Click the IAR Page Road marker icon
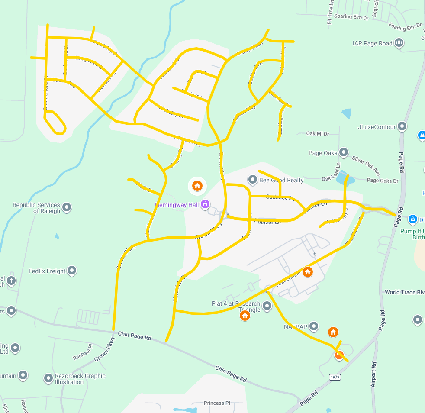(x=399, y=43)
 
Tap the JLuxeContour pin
(x=402, y=126)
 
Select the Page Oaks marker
(x=344, y=152)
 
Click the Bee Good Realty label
(x=281, y=180)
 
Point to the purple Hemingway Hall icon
(x=206, y=204)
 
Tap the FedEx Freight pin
(x=72, y=271)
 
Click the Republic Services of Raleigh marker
(x=67, y=207)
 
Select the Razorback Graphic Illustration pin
(x=48, y=378)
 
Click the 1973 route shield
(x=335, y=377)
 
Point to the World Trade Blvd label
(x=404, y=292)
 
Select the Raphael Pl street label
(x=83, y=352)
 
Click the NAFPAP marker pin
(x=314, y=326)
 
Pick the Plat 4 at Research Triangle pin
(x=267, y=306)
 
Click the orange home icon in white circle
(x=197, y=186)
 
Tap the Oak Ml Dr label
(x=318, y=133)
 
